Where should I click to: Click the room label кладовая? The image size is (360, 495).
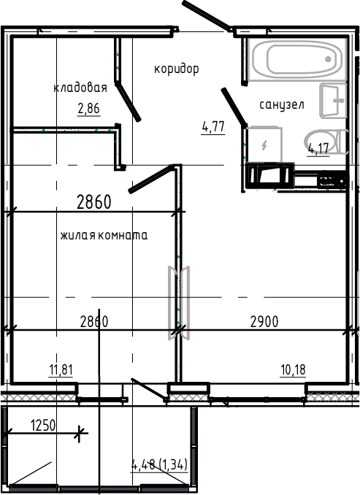coord(80,88)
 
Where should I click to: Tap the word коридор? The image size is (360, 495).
coord(176,69)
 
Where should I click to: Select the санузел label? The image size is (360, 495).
coord(281,105)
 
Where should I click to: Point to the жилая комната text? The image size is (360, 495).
coord(104,236)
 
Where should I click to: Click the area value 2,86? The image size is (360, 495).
coord(88,110)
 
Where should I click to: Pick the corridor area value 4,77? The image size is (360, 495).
coord(212,126)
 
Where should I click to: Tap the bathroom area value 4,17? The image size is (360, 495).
coord(318,150)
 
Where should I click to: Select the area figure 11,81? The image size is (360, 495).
coord(61,369)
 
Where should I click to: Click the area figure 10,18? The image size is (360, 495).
coord(292,369)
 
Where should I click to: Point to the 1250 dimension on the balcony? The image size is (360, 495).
coord(43,424)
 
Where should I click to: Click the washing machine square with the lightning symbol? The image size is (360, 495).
coord(262,143)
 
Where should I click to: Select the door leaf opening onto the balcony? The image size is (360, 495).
coord(148,389)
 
